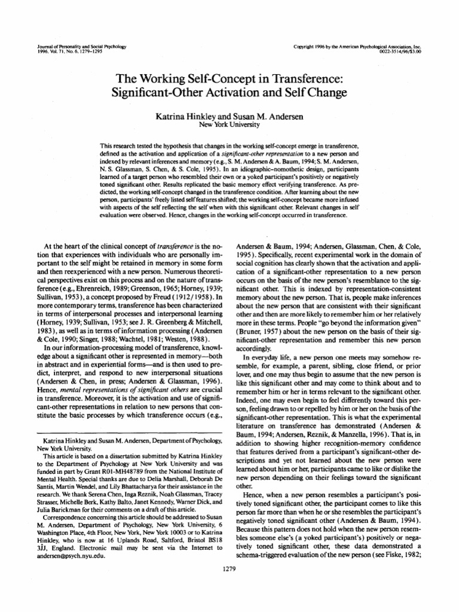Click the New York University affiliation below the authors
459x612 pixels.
[x=229, y=125]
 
